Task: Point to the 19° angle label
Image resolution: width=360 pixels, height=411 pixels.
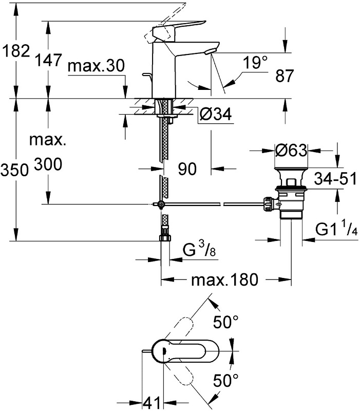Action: pos(255,63)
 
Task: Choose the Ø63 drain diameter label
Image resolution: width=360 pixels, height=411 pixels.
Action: pos(291,151)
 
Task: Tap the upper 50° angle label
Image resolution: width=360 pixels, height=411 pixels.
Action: pos(226,323)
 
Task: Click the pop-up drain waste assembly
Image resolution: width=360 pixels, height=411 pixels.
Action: pos(290,198)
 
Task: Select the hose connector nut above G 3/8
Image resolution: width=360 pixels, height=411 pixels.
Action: pos(165,238)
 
